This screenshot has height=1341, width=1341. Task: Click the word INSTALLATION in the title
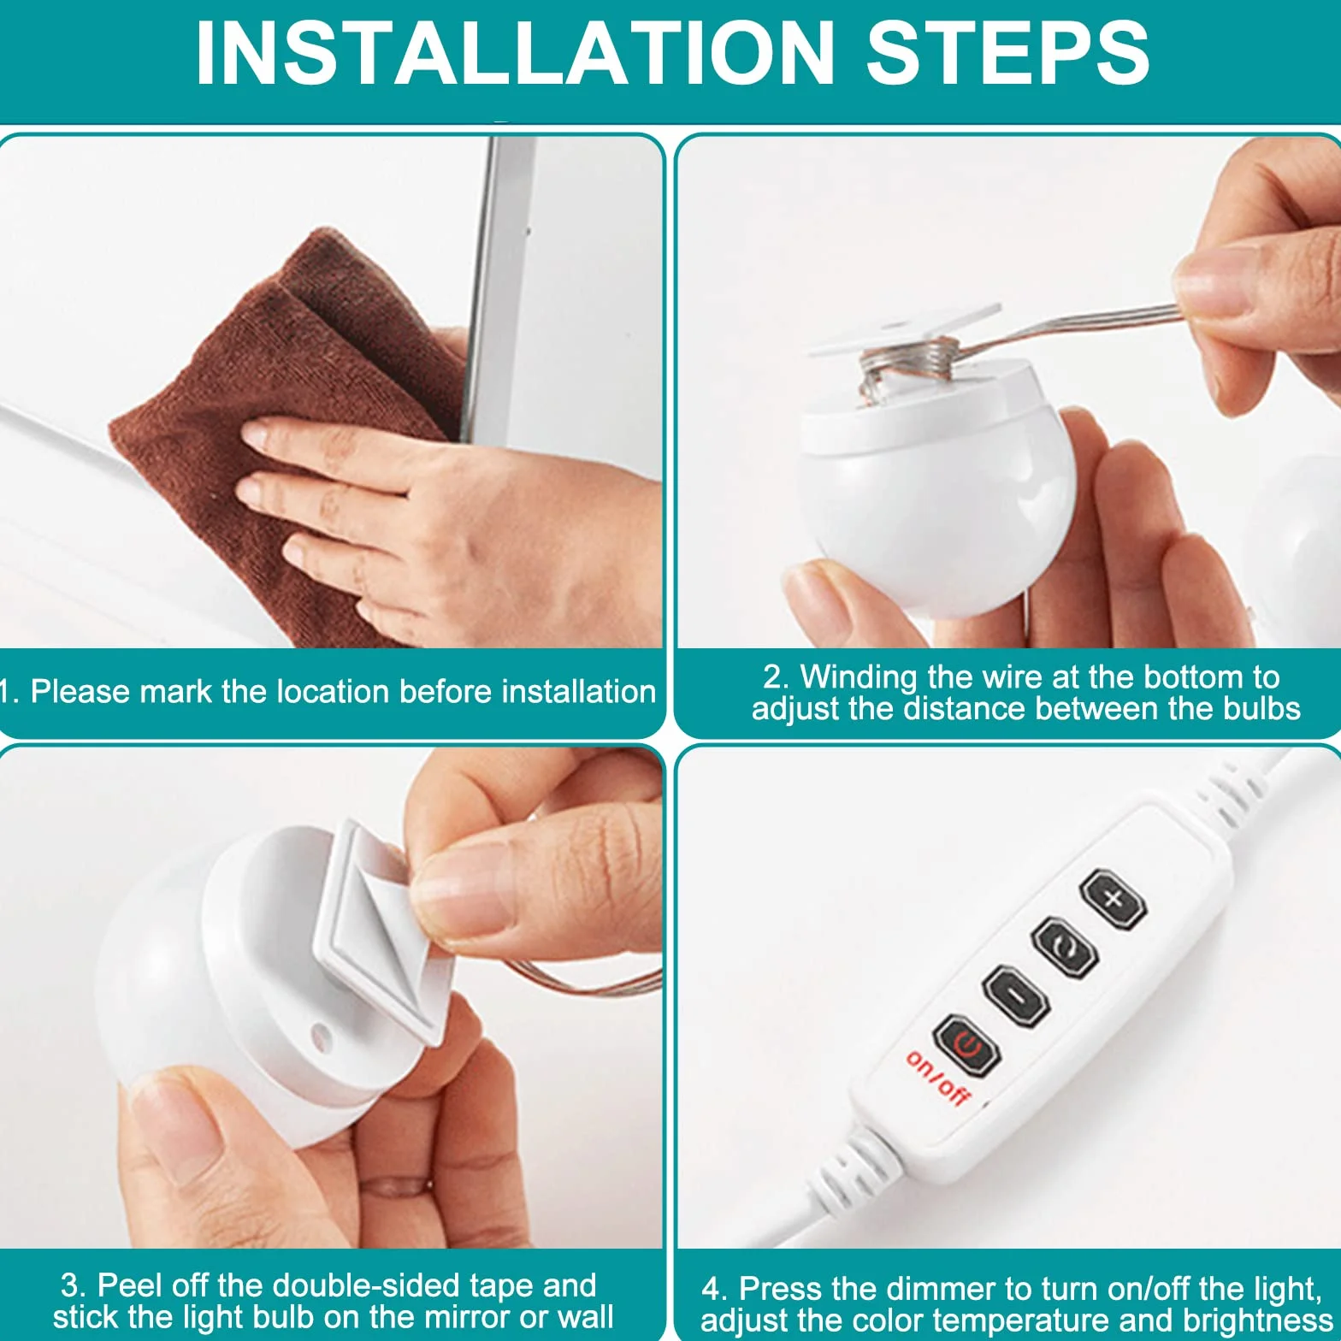point(514,53)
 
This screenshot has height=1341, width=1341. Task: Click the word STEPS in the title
point(1007,53)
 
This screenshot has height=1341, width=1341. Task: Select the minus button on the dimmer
point(1016,995)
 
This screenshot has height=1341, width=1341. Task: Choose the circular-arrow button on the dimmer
point(1065,946)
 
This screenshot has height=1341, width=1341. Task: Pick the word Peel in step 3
point(127,1285)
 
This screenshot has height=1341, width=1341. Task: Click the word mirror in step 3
point(449,1317)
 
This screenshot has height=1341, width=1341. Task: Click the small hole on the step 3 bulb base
point(322,1036)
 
